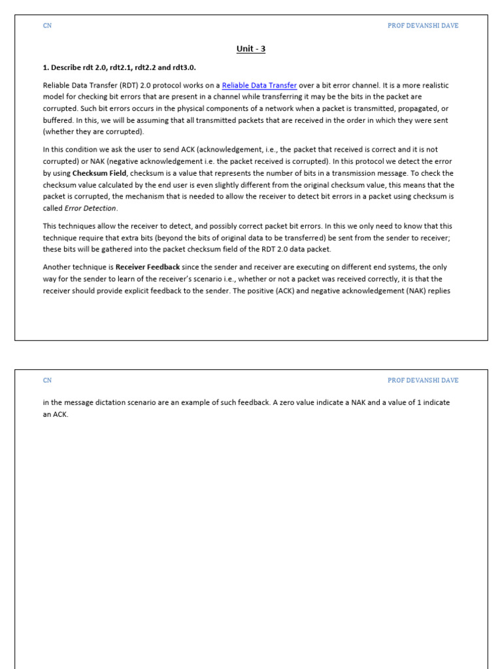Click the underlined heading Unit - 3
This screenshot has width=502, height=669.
click(251, 49)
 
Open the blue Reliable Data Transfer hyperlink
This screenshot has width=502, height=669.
click(259, 85)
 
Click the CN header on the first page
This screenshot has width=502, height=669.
click(47, 25)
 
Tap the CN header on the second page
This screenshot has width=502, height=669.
click(47, 380)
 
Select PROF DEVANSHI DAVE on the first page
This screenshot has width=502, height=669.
click(423, 25)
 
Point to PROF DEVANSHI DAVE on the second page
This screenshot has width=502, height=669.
click(423, 380)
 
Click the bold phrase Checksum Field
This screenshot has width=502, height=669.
click(99, 173)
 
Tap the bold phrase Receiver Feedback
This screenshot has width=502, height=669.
click(148, 267)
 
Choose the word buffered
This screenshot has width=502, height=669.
click(58, 120)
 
